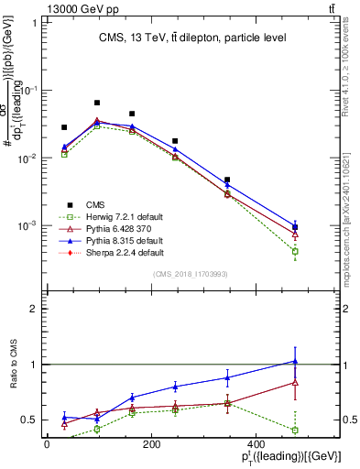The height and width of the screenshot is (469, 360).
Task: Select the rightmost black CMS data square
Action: (x=295, y=227)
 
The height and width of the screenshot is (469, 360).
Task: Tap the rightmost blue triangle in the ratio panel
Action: (x=295, y=361)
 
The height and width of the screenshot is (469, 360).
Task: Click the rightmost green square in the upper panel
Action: (x=295, y=251)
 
